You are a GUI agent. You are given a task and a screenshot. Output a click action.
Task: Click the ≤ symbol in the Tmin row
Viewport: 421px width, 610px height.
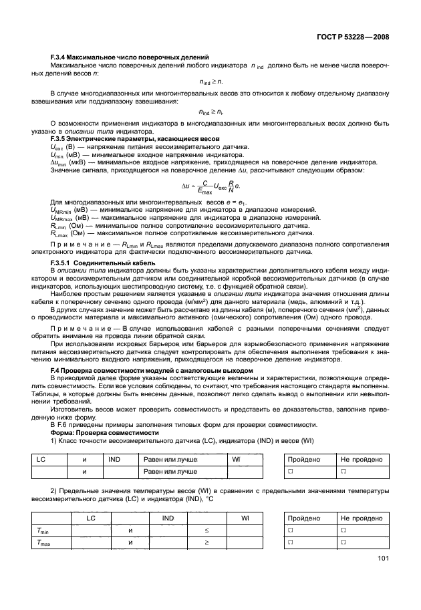(x=207, y=530)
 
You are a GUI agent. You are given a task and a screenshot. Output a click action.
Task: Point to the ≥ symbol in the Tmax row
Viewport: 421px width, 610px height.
(x=207, y=543)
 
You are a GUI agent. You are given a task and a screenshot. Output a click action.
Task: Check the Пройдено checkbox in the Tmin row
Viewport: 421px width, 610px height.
(x=291, y=530)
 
